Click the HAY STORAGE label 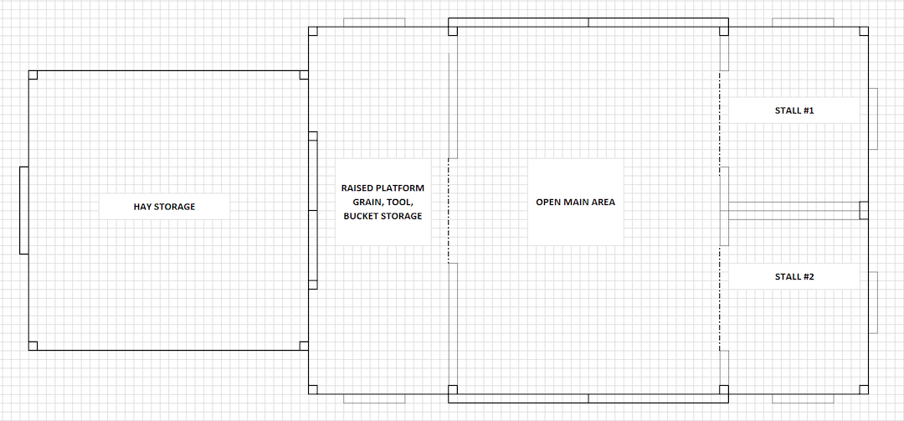(x=164, y=207)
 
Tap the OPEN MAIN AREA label (x=575, y=202)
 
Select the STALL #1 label (x=794, y=110)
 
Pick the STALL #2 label (x=794, y=276)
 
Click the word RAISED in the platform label (x=357, y=188)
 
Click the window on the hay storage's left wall (x=24, y=210)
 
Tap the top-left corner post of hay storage (x=33, y=75)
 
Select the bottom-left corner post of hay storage (x=33, y=346)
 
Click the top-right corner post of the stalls (x=864, y=32)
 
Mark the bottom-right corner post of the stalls (x=864, y=388)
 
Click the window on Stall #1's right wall (x=872, y=118)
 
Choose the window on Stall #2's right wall (x=872, y=301)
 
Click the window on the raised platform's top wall (x=374, y=23)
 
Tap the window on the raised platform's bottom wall (x=374, y=397)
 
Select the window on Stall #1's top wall (x=802, y=23)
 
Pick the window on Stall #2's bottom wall (x=802, y=397)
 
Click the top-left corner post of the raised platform (x=313, y=32)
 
